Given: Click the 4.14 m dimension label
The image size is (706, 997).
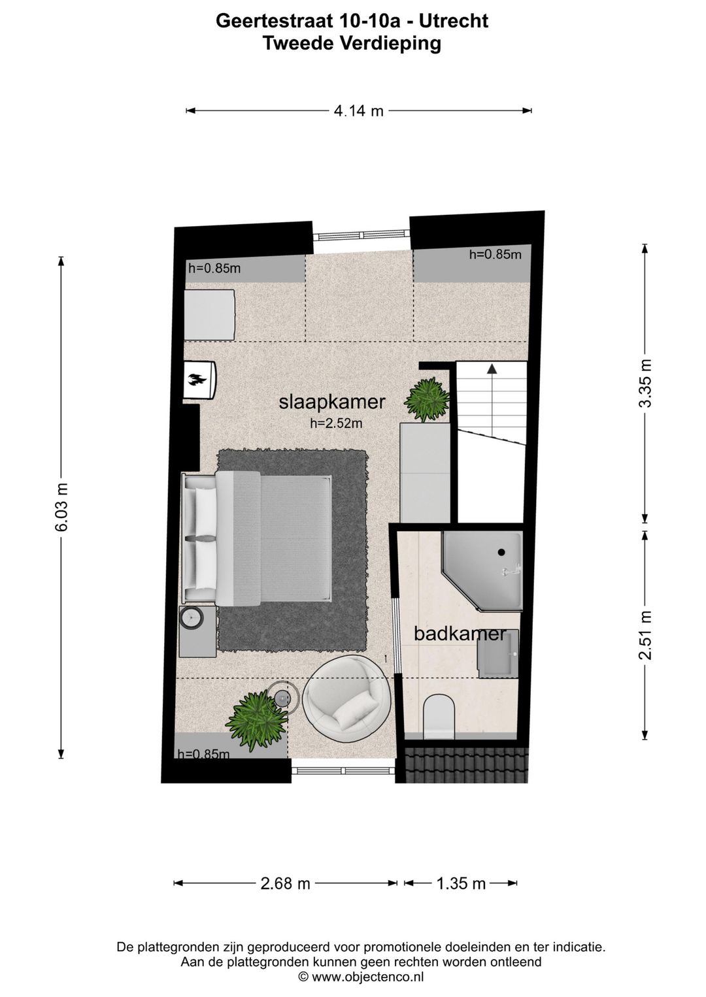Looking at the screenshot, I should pyautogui.click(x=358, y=111).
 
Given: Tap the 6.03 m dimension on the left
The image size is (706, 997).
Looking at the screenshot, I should pyautogui.click(x=61, y=508).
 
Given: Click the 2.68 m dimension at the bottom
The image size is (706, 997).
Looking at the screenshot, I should pyautogui.click(x=285, y=884).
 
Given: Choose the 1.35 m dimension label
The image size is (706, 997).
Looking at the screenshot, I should pyautogui.click(x=461, y=884).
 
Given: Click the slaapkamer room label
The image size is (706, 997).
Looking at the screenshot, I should pyautogui.click(x=332, y=402).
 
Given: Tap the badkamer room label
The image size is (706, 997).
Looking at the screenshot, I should pyautogui.click(x=460, y=633).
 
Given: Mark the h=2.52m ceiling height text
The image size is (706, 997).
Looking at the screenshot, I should pyautogui.click(x=336, y=423).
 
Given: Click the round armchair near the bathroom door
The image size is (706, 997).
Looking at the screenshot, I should pyautogui.click(x=346, y=698).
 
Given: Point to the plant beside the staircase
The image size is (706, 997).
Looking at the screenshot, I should pyautogui.click(x=427, y=399).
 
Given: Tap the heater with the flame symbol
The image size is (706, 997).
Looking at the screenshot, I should pyautogui.click(x=198, y=380).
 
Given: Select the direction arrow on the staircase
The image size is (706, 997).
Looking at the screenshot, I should pyautogui.click(x=492, y=369).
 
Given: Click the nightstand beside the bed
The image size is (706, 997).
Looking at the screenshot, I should pyautogui.click(x=197, y=631).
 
